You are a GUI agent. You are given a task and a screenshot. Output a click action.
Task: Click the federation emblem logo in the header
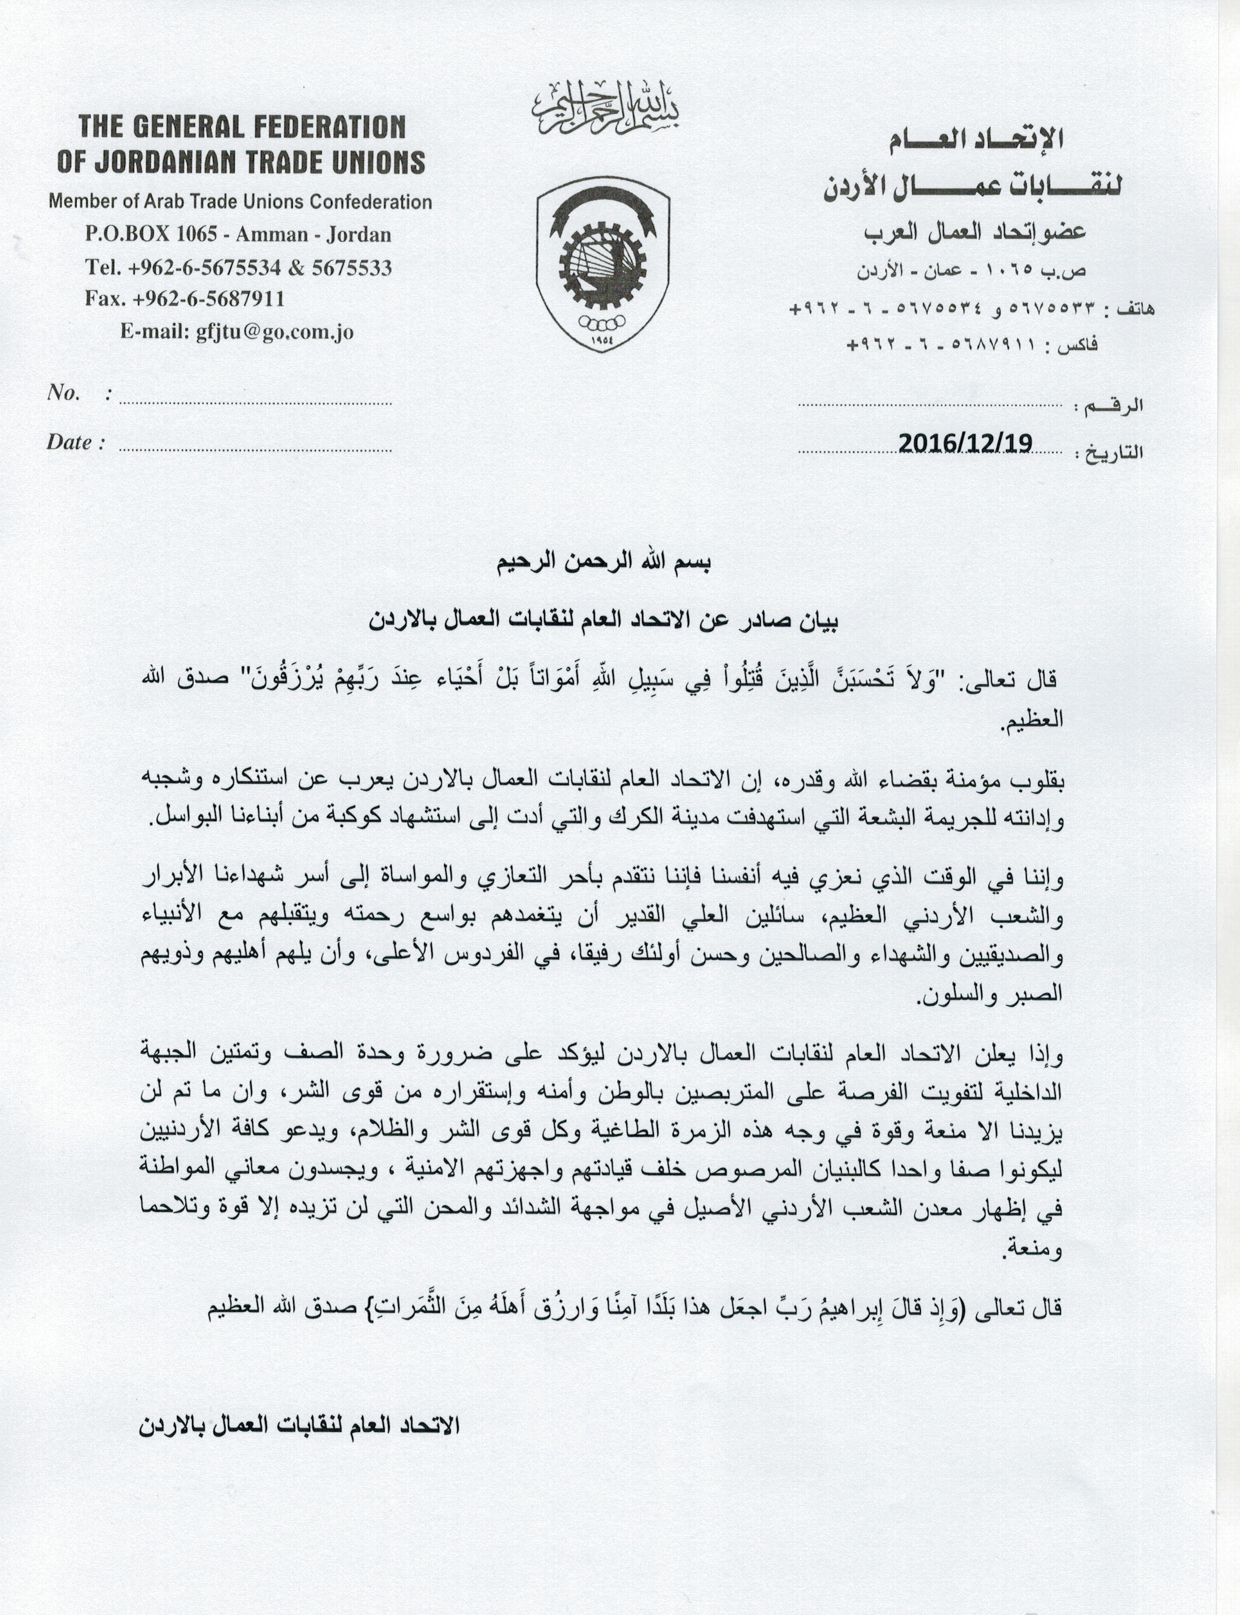click(602, 264)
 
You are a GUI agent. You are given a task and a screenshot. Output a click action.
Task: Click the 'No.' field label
click(64, 393)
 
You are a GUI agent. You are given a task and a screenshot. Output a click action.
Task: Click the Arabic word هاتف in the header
click(1135, 309)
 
